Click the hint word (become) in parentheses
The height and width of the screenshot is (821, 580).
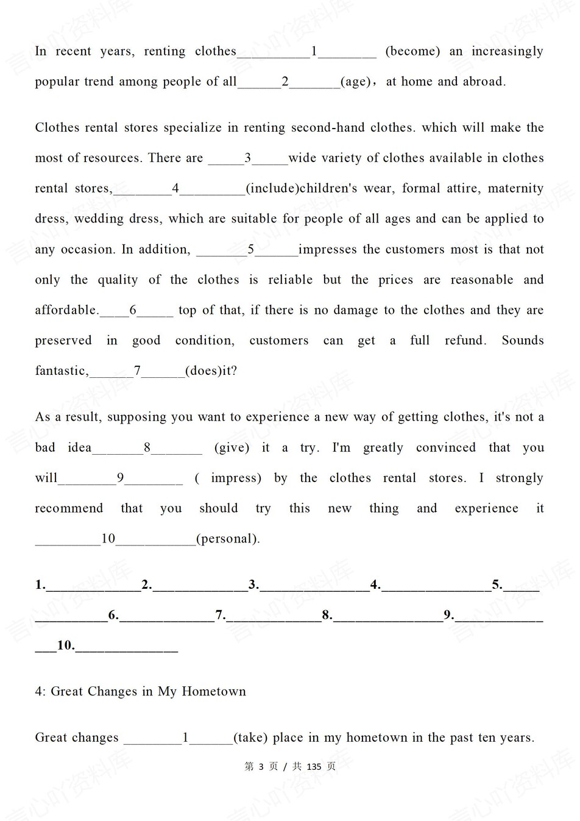pos(412,51)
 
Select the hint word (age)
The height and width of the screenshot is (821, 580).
pos(356,82)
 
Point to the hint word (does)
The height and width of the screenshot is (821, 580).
pos(203,371)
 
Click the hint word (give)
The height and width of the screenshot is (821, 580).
pos(232,447)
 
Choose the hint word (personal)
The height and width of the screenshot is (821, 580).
pos(228,539)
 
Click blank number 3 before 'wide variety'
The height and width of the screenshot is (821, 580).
pos(248,158)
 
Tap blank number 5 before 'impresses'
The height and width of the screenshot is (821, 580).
pos(250,249)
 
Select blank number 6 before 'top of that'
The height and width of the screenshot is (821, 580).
pos(133,310)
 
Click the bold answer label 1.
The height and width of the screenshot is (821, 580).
pos(40,585)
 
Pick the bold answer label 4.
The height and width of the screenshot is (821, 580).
pos(375,585)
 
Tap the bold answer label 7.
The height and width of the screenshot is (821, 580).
pos(221,615)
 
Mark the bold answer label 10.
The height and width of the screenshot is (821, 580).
pos(66,645)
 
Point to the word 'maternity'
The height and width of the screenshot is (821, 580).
pos(515,188)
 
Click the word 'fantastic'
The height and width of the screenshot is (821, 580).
pos(61,371)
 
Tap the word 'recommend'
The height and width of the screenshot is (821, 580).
pos(69,508)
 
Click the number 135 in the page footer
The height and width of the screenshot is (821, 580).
pos(314,767)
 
